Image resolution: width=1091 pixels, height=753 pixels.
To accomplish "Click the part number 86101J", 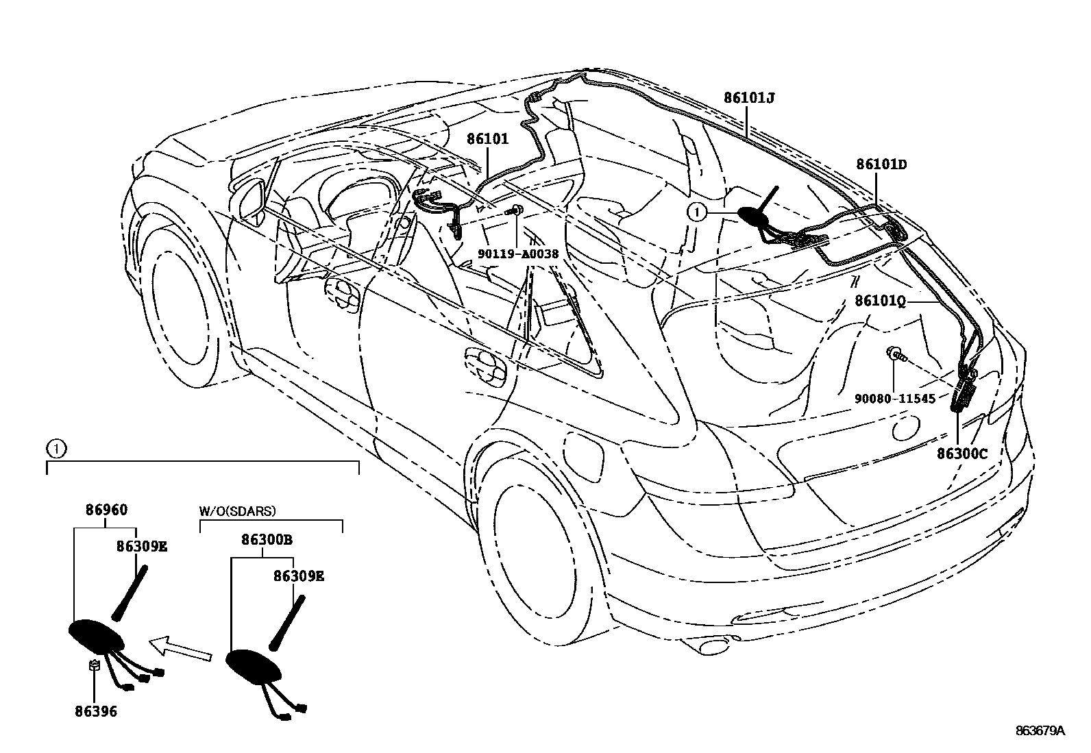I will (749, 98).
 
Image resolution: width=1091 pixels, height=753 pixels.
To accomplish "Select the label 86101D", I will (881, 164).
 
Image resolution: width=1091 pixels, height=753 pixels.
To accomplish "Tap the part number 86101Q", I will (880, 301).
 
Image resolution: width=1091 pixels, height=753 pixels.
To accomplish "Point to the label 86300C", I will (962, 454).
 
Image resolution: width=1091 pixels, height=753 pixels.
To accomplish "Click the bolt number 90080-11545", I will (894, 399).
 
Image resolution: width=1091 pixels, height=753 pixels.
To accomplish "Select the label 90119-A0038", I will (518, 253).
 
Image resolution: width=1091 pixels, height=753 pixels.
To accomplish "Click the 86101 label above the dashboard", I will (488, 139).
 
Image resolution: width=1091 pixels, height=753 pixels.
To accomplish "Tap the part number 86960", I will (106, 510).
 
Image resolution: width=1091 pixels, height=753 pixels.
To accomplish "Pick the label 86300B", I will (267, 540).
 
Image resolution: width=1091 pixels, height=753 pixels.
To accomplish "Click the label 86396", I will (96, 711).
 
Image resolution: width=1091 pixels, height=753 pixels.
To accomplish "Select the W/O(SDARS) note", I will (237, 510).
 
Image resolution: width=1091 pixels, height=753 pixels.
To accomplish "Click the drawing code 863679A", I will (1040, 730).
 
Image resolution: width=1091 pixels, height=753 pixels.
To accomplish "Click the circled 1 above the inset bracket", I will (56, 449).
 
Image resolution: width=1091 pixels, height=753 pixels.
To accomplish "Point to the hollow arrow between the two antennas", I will (180, 647).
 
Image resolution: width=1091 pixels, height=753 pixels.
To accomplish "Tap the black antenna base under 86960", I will (95, 634).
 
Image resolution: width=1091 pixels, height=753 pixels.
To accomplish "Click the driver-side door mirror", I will (254, 200).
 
